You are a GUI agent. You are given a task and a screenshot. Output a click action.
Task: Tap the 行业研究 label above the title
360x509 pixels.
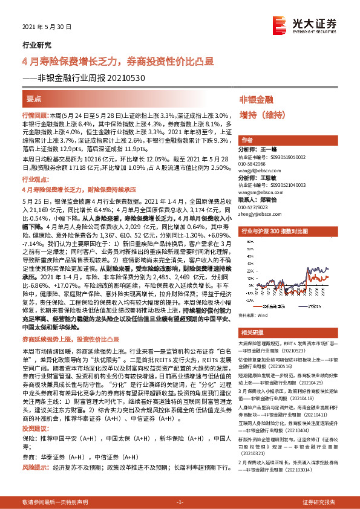[36, 45]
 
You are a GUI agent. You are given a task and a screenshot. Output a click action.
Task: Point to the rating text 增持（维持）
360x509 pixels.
[265, 114]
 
